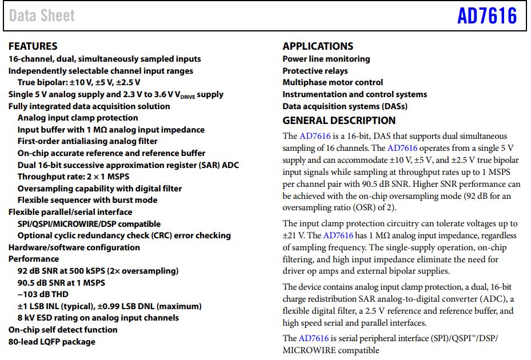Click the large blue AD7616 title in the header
487,16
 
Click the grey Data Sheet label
42,16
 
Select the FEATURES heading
33,46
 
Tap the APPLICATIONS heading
318,46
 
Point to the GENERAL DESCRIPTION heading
339,121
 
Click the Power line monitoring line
326,59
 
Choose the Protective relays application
315,71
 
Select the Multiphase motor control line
333,82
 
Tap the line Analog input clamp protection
78,118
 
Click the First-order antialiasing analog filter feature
87,141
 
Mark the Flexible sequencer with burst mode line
87,200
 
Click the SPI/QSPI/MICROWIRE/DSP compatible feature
89,224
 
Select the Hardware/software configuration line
74,247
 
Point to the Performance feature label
34,259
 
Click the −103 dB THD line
43,294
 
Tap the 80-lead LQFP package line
52,342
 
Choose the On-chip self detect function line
63,330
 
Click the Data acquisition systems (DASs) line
345,106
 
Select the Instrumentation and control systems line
354,94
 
